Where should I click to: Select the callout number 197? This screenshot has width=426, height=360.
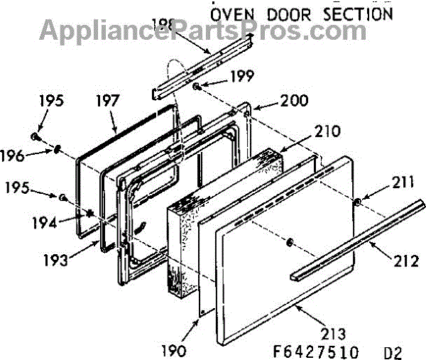(110, 102)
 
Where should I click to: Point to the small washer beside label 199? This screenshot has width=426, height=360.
(194, 86)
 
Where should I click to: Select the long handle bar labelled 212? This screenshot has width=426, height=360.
(355, 239)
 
